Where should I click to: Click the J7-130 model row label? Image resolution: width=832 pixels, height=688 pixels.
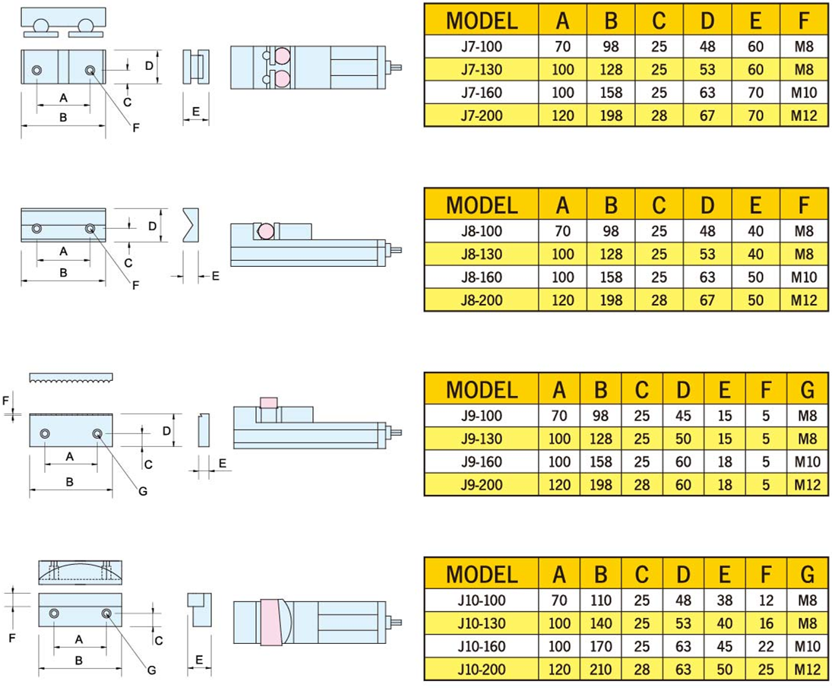[x=481, y=70]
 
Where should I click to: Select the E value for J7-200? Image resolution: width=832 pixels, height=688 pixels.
[x=755, y=116]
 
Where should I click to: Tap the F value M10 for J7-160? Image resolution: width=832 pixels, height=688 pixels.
[x=802, y=94]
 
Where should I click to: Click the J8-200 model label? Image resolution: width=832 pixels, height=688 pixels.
[x=481, y=300]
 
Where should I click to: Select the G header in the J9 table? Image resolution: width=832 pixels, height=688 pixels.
[x=807, y=390]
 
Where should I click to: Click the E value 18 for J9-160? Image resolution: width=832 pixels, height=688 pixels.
[x=724, y=461]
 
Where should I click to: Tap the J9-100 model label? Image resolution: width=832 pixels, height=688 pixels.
[x=481, y=416]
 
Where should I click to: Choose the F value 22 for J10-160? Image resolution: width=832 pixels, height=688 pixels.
[x=766, y=647]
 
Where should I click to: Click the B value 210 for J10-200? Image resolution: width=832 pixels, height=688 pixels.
[x=600, y=671]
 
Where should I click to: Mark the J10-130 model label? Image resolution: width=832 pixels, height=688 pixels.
[x=481, y=624]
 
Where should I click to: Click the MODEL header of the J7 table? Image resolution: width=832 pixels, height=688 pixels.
[x=481, y=21]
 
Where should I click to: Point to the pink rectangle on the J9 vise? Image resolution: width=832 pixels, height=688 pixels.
[x=268, y=401]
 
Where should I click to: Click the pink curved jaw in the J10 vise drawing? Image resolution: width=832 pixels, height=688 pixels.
[x=271, y=623]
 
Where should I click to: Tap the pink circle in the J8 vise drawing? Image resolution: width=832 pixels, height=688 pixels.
[x=266, y=230]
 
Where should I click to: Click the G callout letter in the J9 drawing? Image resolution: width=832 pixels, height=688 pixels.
[x=142, y=491]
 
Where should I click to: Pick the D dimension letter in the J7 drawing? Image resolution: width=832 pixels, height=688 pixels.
[x=149, y=66]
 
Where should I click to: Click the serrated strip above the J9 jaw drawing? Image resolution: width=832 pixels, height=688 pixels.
[x=71, y=377]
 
